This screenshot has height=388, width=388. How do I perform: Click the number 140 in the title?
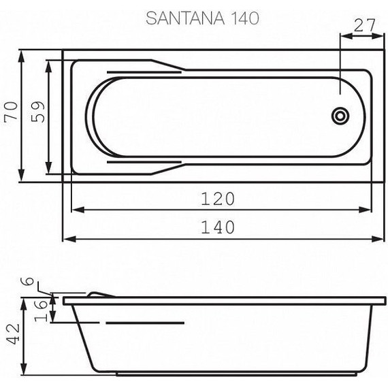242,18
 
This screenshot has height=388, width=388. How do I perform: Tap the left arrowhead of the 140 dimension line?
67,239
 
